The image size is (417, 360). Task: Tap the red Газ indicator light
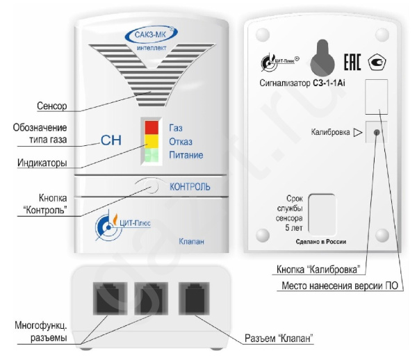tap(152, 127)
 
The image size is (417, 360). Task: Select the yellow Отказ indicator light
tap(152, 142)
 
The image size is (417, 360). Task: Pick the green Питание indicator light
tap(152, 155)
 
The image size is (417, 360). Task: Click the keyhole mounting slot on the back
tap(320, 53)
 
